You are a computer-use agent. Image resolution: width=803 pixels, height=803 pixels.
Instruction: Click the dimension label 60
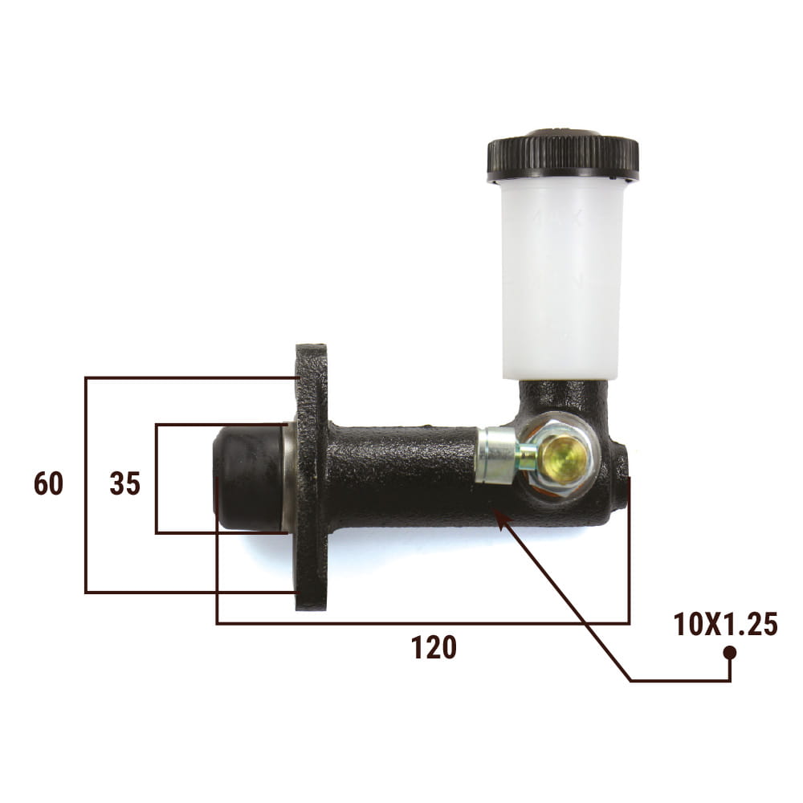[x=49, y=483]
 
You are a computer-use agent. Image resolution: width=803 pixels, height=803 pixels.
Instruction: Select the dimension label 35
[x=125, y=483]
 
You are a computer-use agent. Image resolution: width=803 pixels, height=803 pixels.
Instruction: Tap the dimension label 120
[x=434, y=647]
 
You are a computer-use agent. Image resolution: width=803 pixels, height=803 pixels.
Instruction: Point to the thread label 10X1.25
[x=725, y=624]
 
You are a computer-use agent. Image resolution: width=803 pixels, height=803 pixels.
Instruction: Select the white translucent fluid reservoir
[x=563, y=279]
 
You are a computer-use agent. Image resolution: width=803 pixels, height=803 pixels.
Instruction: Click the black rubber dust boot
[x=248, y=478]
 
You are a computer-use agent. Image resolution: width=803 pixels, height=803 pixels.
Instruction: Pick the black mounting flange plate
[x=312, y=477]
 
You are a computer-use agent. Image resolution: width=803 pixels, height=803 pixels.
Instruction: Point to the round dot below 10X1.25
[x=729, y=653]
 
